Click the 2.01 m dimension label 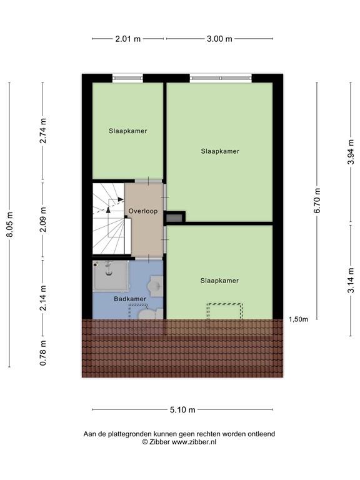[128, 39]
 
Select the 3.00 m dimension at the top [219, 39]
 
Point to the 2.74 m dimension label [43, 131]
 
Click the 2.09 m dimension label [43, 219]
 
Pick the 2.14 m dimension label [43, 297]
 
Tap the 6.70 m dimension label [317, 201]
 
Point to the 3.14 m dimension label [351, 279]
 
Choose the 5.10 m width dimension [182, 410]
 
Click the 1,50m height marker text [298, 319]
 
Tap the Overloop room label [143, 211]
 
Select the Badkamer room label [130, 299]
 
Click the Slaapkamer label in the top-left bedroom [127, 131]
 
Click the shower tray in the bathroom [111, 276]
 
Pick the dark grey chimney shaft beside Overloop [175, 217]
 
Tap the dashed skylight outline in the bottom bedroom [225, 311]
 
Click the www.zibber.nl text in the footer [194, 442]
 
